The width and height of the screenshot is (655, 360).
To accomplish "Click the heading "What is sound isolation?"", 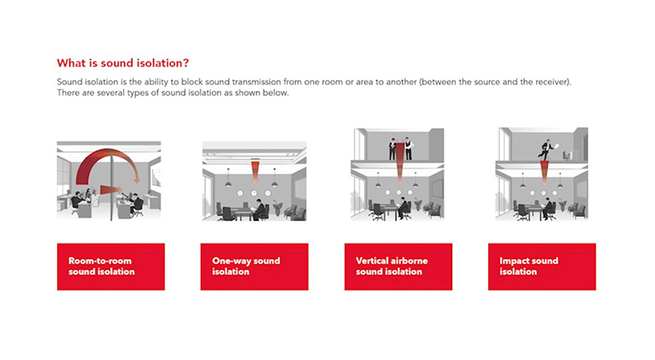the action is coord(123,63).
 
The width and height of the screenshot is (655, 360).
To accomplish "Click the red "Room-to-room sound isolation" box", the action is coord(111,267).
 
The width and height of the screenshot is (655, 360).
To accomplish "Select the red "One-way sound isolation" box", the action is coord(255,267).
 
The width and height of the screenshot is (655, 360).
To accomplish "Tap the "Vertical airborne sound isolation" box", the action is coord(398,267).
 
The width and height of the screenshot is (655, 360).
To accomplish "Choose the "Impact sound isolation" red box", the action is coord(541,267).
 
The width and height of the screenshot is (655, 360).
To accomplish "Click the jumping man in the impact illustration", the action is coord(547,150).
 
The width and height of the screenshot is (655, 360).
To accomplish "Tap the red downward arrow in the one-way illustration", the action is coord(255,171).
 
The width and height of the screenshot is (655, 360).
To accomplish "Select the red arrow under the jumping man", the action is coord(544,173).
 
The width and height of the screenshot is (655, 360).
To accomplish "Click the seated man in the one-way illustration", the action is coord(259,209).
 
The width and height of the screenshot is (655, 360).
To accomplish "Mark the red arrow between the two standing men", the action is coord(400,164).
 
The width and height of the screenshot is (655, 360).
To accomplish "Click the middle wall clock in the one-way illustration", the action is coord(254,193).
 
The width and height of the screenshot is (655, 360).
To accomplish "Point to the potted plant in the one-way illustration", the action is coord(277,207).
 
